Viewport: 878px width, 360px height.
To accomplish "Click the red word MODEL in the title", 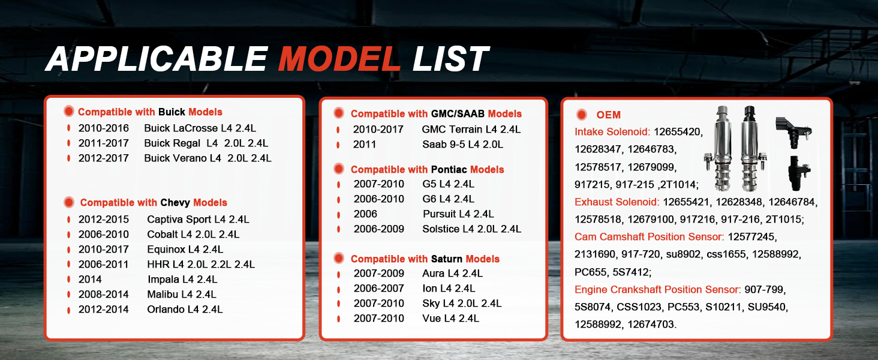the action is (339, 59).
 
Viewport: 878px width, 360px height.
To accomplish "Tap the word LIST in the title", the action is (451, 59).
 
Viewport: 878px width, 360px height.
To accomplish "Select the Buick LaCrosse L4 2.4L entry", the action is (200, 128).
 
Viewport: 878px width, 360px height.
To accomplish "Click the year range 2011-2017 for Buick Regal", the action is (104, 143).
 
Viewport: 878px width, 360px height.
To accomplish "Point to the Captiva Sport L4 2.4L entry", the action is (198, 219).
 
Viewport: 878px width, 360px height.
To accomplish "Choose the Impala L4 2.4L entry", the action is (182, 279).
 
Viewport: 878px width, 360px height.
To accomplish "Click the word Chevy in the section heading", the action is (175, 203).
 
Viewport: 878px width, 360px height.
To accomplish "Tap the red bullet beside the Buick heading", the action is (68, 112).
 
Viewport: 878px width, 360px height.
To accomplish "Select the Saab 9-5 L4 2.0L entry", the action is (462, 145).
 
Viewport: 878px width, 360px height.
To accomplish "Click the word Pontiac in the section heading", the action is (449, 169).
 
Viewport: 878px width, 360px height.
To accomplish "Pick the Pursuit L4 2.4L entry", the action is (458, 214).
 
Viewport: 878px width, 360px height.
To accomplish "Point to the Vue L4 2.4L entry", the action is (450, 318).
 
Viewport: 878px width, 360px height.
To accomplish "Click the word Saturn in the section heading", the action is (447, 259).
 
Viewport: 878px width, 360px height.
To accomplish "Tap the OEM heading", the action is (608, 115).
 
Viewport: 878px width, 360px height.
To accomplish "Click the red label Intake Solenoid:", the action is (612, 132).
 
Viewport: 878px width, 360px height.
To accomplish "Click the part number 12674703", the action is (651, 325).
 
